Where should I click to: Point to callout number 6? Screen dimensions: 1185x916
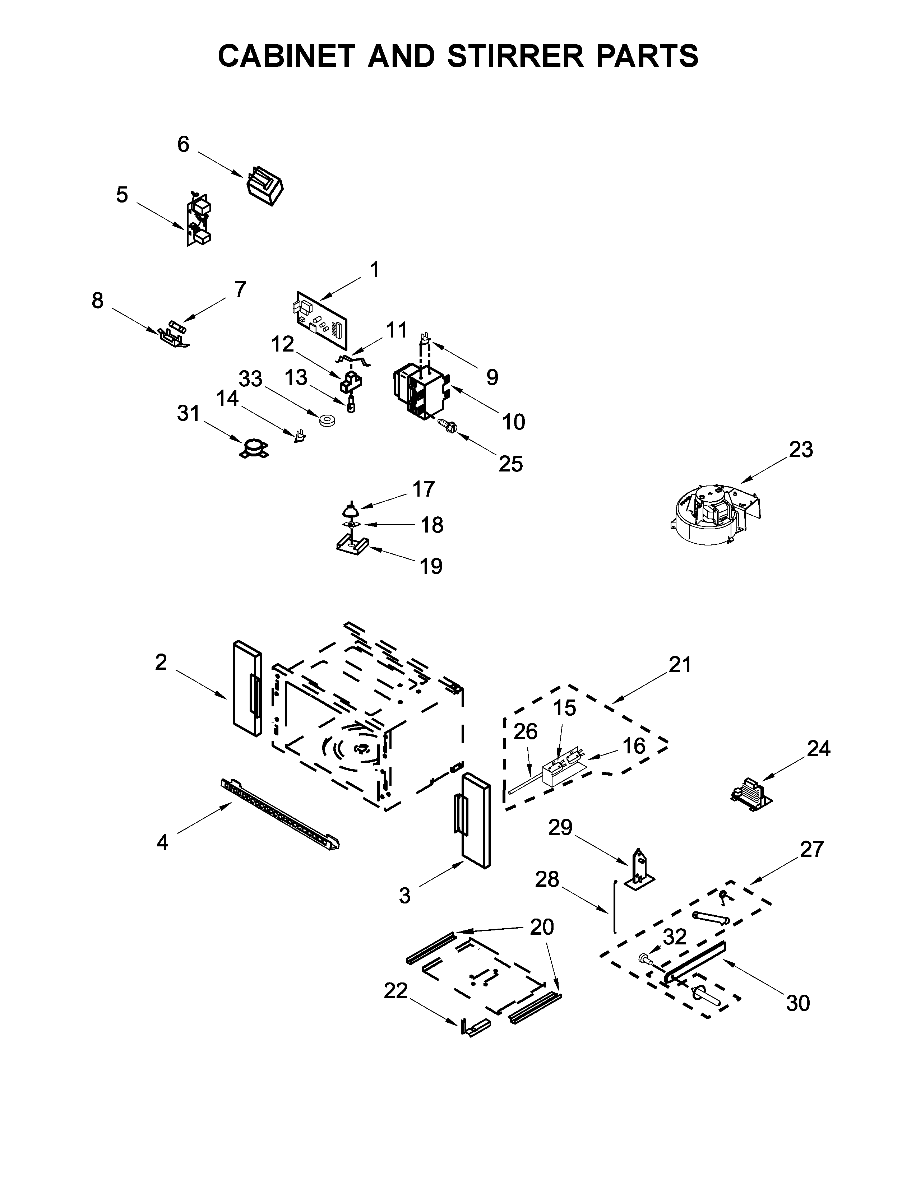point(184,144)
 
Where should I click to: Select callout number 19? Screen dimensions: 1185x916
point(431,566)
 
